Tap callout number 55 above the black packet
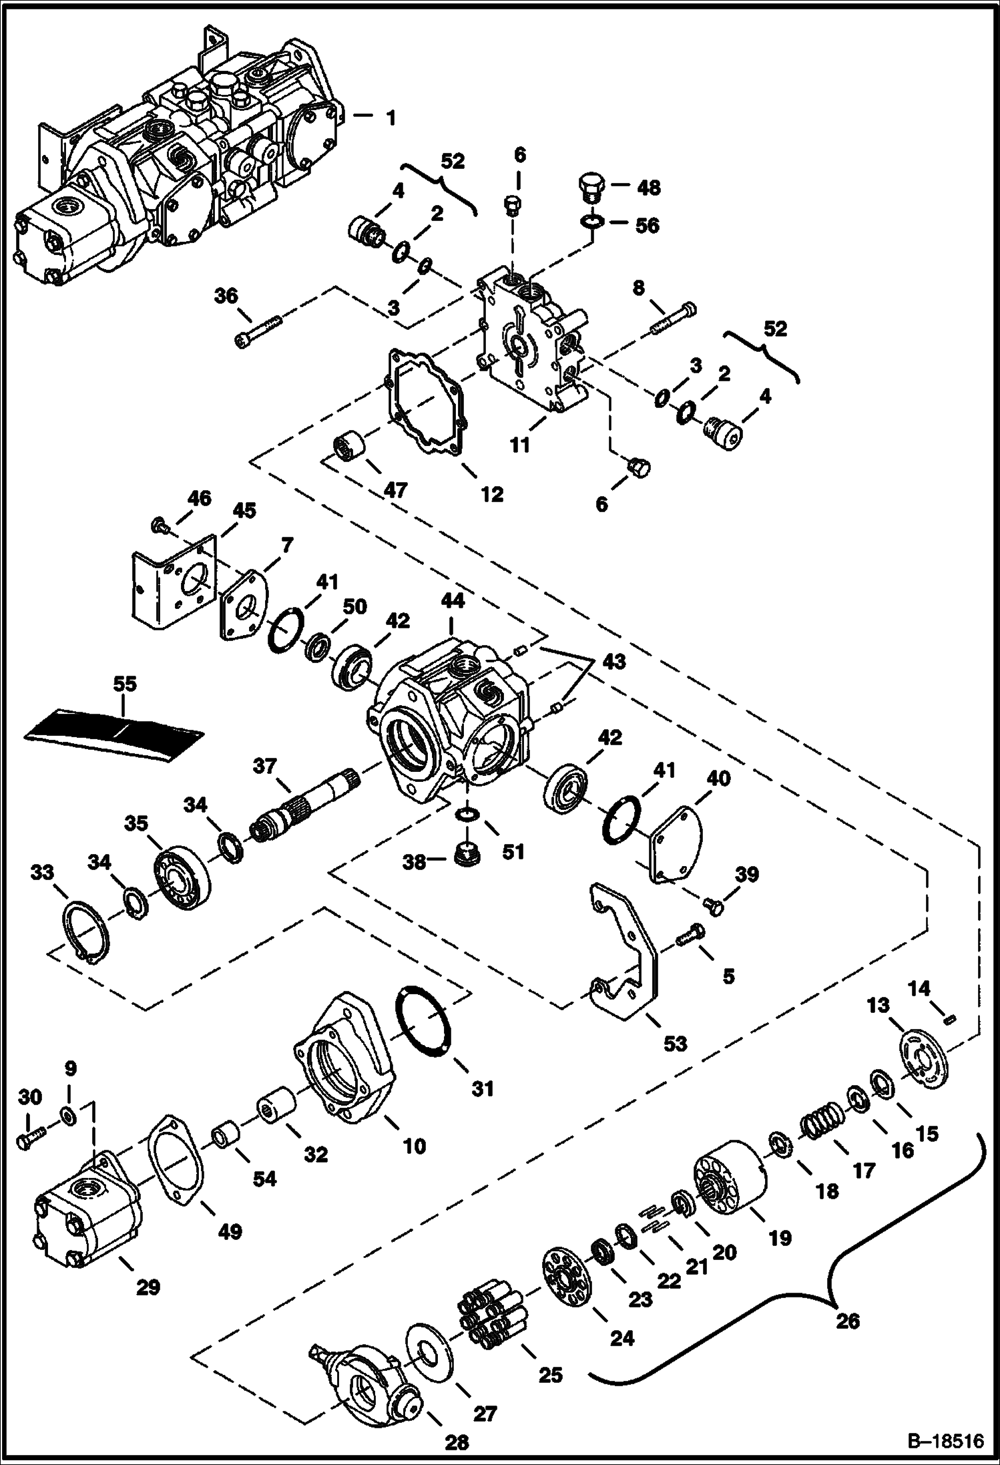[125, 684]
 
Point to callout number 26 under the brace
[847, 1321]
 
